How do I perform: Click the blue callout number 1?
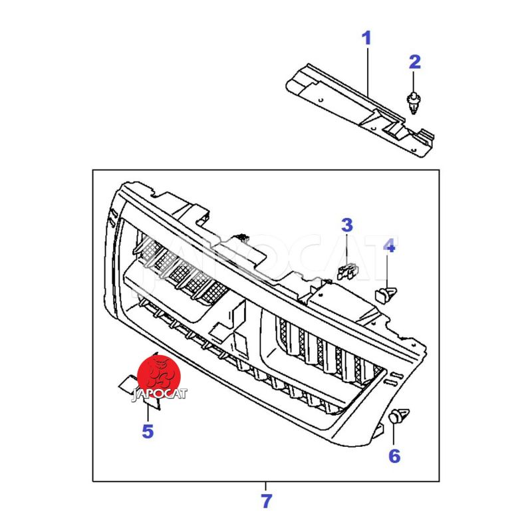(366, 39)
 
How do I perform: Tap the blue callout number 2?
(414, 62)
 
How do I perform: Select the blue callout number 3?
(346, 225)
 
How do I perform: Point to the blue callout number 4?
(389, 245)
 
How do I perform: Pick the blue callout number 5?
(148, 431)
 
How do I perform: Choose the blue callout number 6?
(394, 456)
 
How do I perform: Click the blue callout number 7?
(267, 501)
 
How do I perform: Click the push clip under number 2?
(413, 102)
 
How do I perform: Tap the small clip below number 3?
(347, 271)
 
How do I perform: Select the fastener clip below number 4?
(386, 295)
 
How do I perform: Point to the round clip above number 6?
(398, 416)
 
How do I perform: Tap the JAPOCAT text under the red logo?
(159, 394)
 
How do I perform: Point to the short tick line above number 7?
(265, 486)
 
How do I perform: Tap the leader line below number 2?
(413, 81)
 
